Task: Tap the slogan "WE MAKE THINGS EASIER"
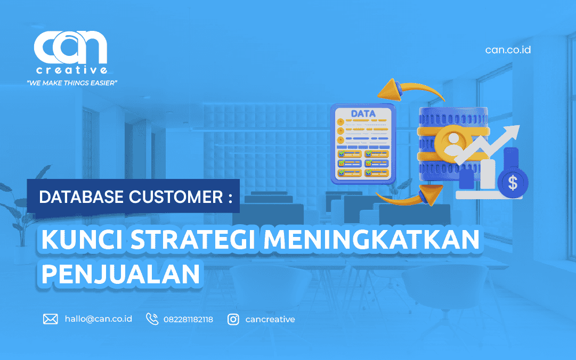[72, 83]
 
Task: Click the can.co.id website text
[508, 50]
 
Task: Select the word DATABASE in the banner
[81, 197]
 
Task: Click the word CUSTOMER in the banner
[176, 197]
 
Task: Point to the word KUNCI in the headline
[82, 240]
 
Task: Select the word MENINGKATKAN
[372, 240]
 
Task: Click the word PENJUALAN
[120, 273]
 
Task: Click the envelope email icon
[50, 319]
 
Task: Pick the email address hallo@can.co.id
[99, 318]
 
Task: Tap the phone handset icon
[152, 319]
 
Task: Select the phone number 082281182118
[188, 320]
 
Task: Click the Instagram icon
[233, 320]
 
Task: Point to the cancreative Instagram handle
[270, 320]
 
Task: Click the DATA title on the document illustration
[363, 114]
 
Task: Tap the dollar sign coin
[513, 182]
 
